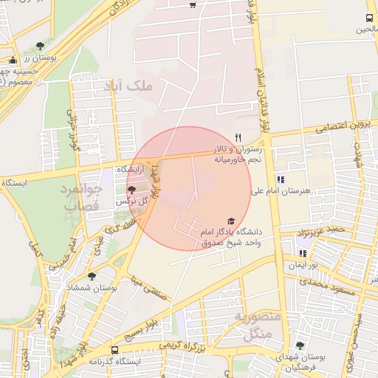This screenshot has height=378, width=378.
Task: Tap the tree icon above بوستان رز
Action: coord(49,46)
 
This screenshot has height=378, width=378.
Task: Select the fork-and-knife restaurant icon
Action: coord(238,137)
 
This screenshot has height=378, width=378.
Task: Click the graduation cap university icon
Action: coord(230,221)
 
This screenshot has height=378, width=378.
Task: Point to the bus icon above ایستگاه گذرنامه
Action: coord(114,350)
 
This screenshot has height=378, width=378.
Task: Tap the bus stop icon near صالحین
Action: coord(369,18)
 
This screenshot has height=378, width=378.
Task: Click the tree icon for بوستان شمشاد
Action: coord(91,276)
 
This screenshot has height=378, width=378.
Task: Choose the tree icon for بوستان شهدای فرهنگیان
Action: coord(299,346)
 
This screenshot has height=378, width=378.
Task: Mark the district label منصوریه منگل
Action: coord(255,325)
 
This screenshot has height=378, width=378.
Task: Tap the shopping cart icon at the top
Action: coord(193,5)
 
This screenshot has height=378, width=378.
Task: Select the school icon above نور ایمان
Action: coord(302,253)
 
